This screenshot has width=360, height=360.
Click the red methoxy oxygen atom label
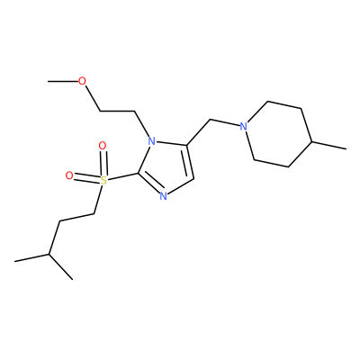pos(82,81)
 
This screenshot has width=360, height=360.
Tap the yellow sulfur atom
pos(103,181)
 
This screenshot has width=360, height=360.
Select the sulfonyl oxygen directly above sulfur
pos(103,146)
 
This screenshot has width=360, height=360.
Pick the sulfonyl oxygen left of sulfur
pos(69,175)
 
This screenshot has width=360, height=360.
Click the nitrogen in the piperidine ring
pos(244,127)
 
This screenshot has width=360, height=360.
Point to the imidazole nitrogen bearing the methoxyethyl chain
pos(152,140)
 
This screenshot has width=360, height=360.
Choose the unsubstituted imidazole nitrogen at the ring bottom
pos(163,196)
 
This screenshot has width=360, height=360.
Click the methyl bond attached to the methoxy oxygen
pos(62,81)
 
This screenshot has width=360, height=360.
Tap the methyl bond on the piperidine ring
pos(329,145)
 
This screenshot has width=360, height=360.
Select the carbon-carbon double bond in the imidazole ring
pos(189,162)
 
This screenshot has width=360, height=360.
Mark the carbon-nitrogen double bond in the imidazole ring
pos(150,183)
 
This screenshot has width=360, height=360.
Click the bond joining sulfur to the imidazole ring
pos(122,176)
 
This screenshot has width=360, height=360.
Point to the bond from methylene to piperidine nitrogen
pos(225,123)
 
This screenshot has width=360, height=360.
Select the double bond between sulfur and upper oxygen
pos(103,164)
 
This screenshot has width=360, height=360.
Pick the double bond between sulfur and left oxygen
pos(86,177)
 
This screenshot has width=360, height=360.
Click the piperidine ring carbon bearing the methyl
pos(311,140)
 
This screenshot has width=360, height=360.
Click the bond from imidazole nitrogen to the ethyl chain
pos(142,123)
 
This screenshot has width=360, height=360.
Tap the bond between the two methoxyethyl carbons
pos(117,112)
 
